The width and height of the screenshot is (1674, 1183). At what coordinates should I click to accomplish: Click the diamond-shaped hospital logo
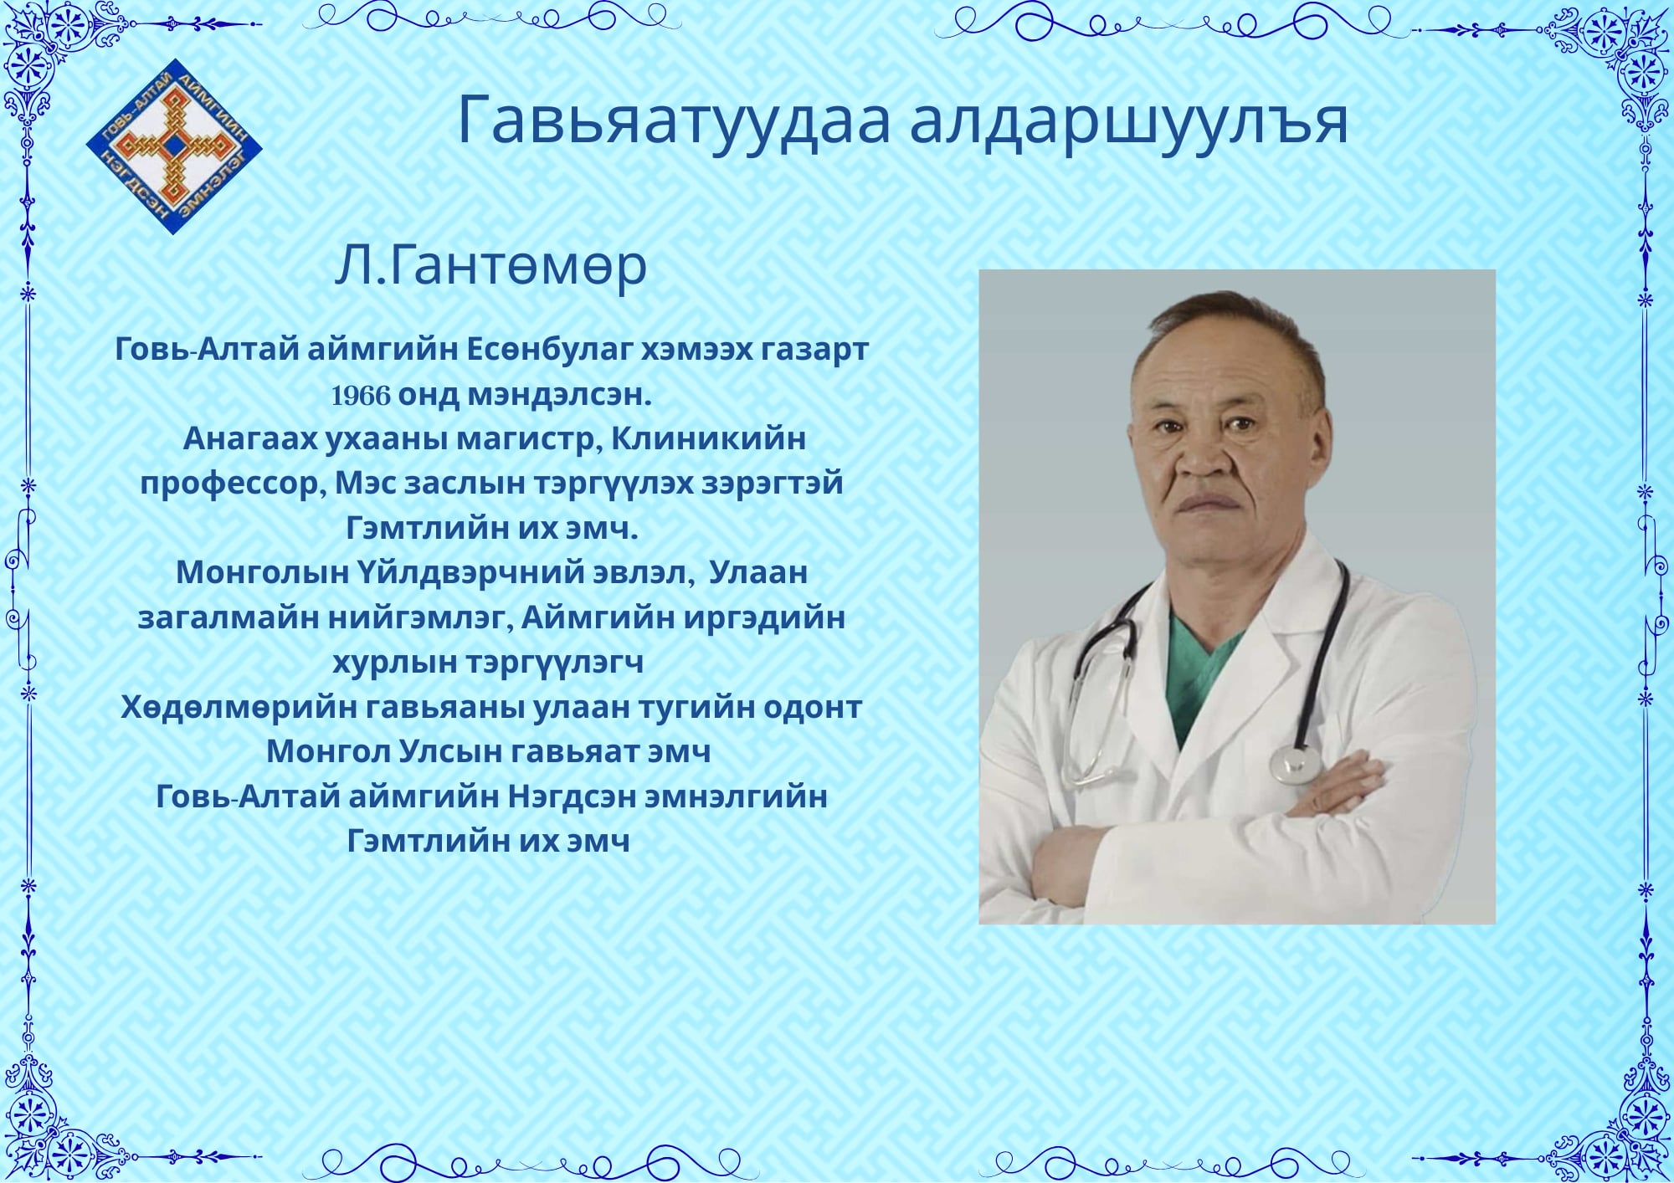coord(174,146)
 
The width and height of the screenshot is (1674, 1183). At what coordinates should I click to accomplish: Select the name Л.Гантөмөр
coord(490,266)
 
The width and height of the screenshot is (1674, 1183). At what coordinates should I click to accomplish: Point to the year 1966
coord(361,395)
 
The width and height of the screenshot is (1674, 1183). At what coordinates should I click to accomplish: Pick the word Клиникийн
coord(708,438)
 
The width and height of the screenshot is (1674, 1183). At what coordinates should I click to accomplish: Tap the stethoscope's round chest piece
coord(1295,764)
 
